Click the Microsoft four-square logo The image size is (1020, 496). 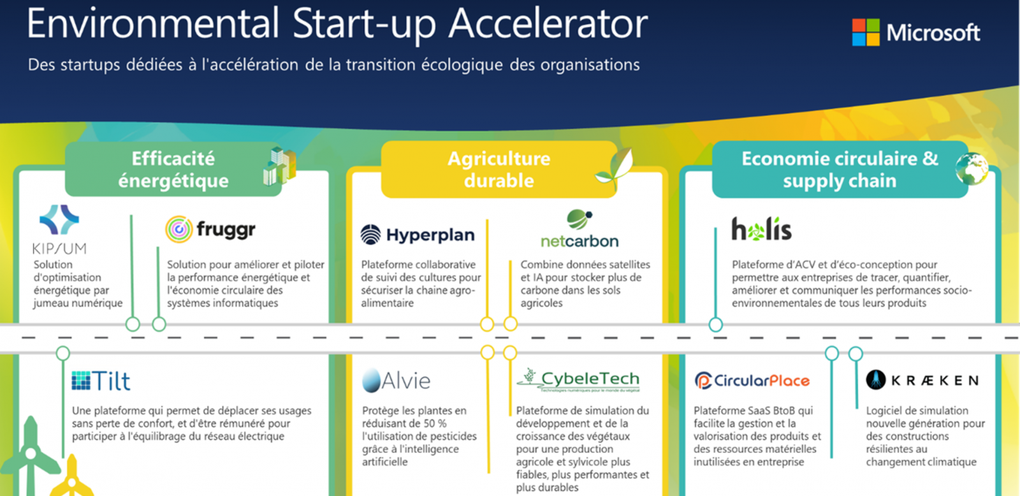pyautogui.click(x=866, y=33)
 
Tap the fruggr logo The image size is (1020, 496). pyautogui.click(x=210, y=229)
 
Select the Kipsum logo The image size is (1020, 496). pyautogui.click(x=59, y=229)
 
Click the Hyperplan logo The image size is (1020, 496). pyautogui.click(x=418, y=235)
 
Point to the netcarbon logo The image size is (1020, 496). pyautogui.click(x=579, y=229)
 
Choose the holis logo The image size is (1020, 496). pyautogui.click(x=761, y=229)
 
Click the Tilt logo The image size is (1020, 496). pyautogui.click(x=101, y=381)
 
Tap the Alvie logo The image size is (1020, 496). pyautogui.click(x=396, y=381)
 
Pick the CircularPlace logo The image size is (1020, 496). pyautogui.click(x=752, y=381)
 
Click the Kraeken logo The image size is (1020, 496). pyautogui.click(x=922, y=380)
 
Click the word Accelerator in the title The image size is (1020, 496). pyautogui.click(x=548, y=23)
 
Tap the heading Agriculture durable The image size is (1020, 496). pyautogui.click(x=499, y=170)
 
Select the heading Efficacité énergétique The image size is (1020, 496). pyautogui.click(x=173, y=170)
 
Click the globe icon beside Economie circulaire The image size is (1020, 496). pyautogui.click(x=972, y=169)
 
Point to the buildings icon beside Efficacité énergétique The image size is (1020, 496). pyautogui.click(x=280, y=166)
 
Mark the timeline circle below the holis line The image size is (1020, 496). pyautogui.click(x=716, y=325)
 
